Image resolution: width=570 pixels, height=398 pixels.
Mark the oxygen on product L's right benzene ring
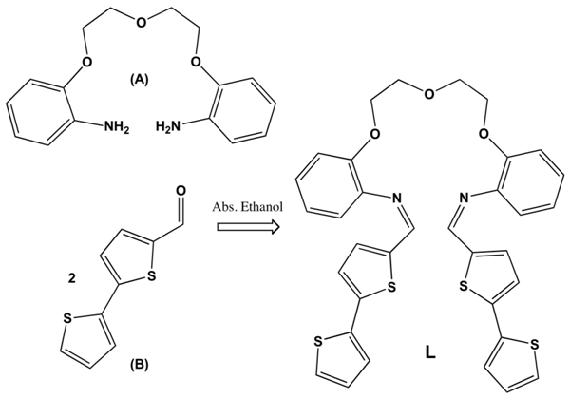(x=486, y=134)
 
